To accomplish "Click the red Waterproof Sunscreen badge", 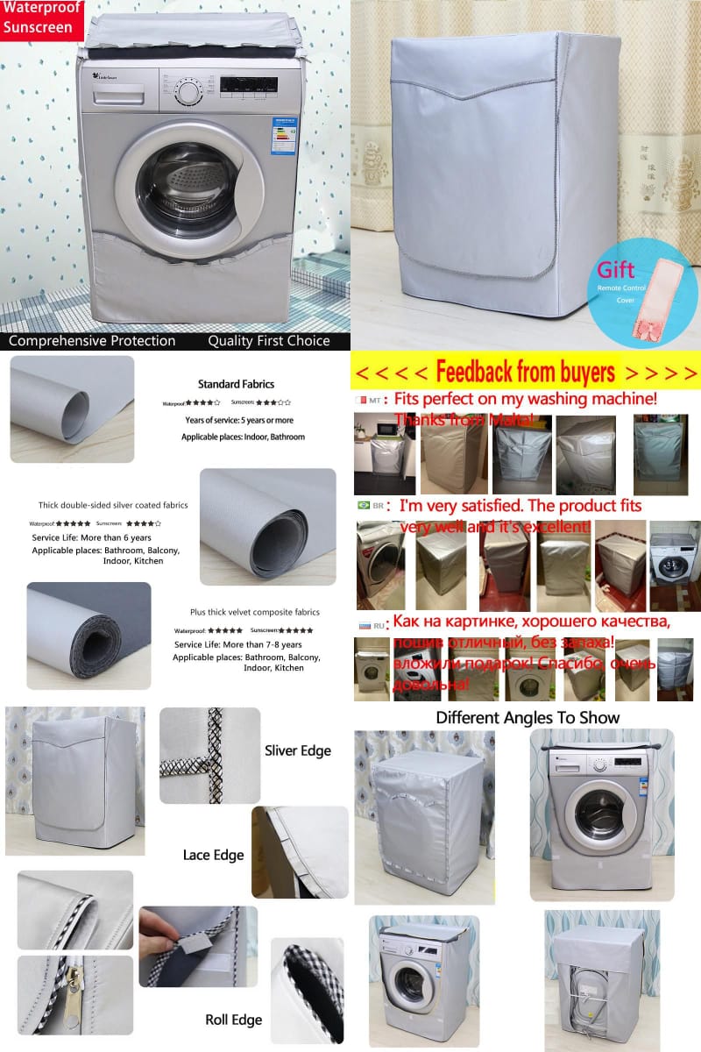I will (41, 18).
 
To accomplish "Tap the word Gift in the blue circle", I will (616, 269).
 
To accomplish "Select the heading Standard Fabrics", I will (236, 384).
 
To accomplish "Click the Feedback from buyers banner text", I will (525, 373).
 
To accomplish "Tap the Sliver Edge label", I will (298, 750).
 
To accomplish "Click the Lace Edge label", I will (213, 855).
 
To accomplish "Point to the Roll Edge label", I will (234, 1020).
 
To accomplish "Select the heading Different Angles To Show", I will (528, 717).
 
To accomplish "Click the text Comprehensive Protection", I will (92, 341).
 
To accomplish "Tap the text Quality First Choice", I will (269, 341).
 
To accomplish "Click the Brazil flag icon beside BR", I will (363, 507).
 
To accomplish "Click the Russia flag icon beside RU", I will (363, 626).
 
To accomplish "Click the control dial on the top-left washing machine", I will (187, 92).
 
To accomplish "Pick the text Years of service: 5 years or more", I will (239, 420).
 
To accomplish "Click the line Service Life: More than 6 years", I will (91, 537).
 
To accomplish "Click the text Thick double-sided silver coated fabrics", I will (113, 505).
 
